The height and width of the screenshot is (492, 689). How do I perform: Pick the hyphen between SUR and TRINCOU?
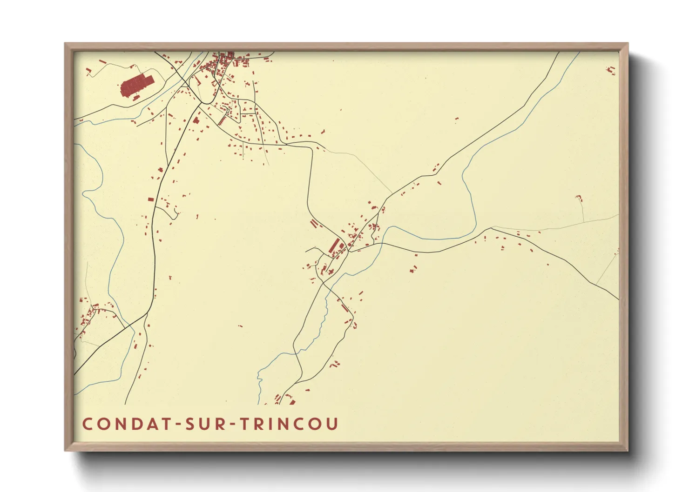(x=234, y=425)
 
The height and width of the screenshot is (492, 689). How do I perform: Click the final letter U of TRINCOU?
(x=332, y=424)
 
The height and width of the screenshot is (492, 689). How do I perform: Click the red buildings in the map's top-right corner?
(x=611, y=70)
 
